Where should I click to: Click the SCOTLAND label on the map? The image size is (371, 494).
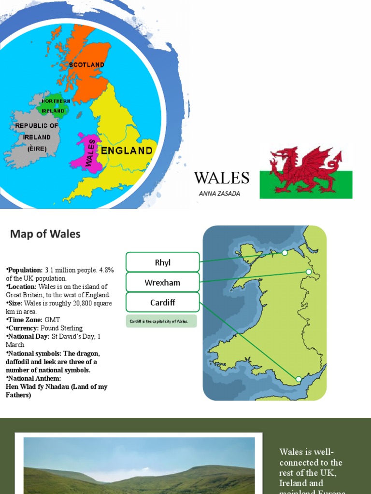[x=86, y=64]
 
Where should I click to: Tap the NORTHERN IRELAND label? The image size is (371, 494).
[x=56, y=106]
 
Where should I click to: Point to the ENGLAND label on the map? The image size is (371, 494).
[x=127, y=151]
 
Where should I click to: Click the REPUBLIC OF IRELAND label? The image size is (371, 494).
[x=37, y=137]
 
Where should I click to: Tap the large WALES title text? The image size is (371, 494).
[x=222, y=178]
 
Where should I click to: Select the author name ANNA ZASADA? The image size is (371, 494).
[x=219, y=193]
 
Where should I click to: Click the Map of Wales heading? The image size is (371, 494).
[x=45, y=234]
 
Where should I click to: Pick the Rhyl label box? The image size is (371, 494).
[x=162, y=262]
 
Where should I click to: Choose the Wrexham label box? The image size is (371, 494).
[x=162, y=282]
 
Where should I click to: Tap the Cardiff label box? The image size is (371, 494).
[x=162, y=302]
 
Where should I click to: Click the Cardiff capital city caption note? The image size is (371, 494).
[x=161, y=321]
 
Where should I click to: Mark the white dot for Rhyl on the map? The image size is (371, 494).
[x=285, y=252]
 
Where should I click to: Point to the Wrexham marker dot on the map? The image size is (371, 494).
[x=309, y=272]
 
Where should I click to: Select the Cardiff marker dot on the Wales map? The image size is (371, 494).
[x=298, y=379]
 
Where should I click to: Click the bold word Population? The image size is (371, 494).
[x=25, y=270]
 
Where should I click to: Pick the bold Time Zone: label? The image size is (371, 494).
[x=24, y=320]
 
